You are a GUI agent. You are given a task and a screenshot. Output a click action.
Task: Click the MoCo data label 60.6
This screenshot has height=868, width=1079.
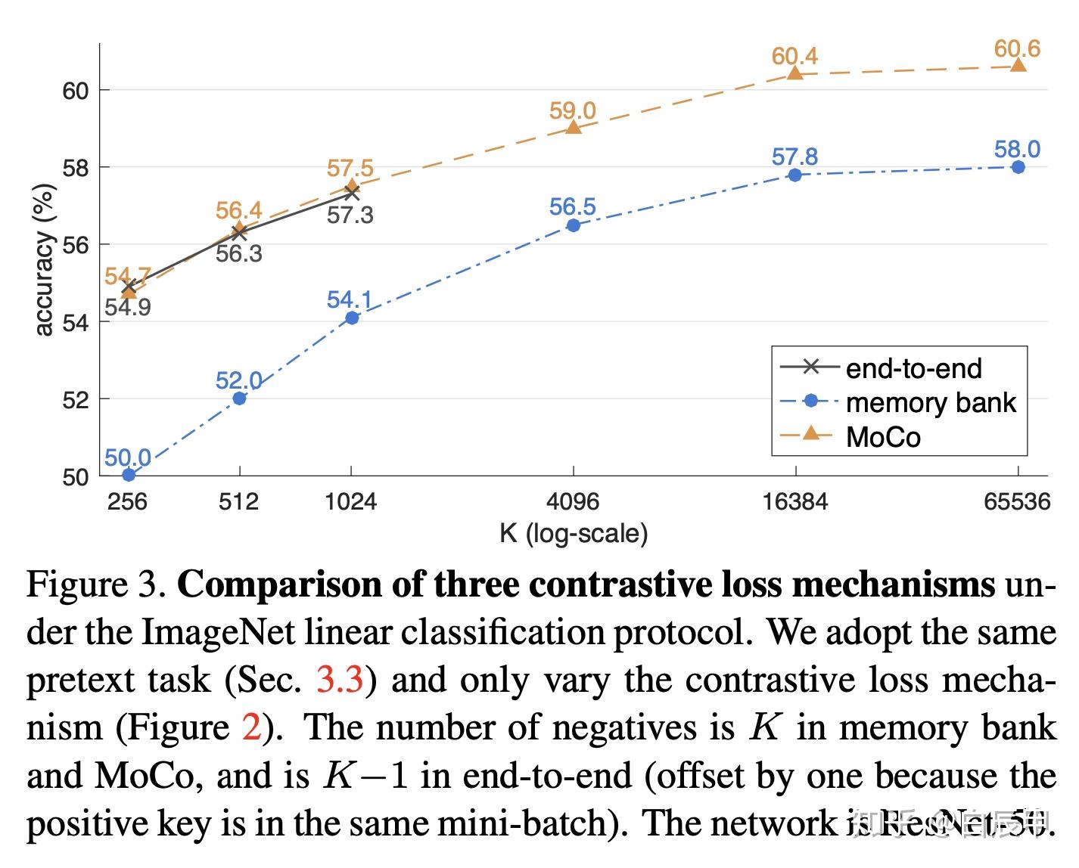pyautogui.click(x=1017, y=49)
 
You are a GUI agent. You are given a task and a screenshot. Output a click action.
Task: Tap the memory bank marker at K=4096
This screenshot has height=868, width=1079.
pyautogui.click(x=573, y=225)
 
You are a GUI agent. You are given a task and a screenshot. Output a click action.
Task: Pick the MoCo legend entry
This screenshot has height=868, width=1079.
pyautogui.click(x=882, y=437)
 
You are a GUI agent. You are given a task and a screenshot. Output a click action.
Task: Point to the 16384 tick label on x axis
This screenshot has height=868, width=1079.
pyautogui.click(x=795, y=501)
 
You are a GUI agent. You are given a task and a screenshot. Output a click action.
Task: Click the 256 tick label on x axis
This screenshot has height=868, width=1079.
pyautogui.click(x=127, y=501)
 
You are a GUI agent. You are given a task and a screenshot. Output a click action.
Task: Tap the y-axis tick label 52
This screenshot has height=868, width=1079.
pyautogui.click(x=75, y=399)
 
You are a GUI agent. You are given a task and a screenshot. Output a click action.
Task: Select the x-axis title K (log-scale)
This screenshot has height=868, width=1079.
pyautogui.click(x=574, y=534)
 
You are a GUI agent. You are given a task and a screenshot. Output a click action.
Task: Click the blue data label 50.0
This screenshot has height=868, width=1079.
pyautogui.click(x=127, y=457)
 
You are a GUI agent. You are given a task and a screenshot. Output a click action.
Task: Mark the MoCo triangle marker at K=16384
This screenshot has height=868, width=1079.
pyautogui.click(x=794, y=73)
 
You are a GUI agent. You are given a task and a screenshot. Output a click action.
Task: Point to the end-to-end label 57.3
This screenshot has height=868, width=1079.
pyautogui.click(x=350, y=215)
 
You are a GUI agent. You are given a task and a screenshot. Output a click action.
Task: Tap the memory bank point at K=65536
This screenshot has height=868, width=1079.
pyautogui.click(x=1018, y=167)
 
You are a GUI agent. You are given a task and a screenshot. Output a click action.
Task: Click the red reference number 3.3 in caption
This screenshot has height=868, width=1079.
pyautogui.click(x=340, y=680)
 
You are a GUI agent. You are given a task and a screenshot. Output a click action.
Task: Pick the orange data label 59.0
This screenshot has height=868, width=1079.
pyautogui.click(x=572, y=111)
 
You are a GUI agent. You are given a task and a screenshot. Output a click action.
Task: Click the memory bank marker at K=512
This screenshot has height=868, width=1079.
pyautogui.click(x=239, y=398)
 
